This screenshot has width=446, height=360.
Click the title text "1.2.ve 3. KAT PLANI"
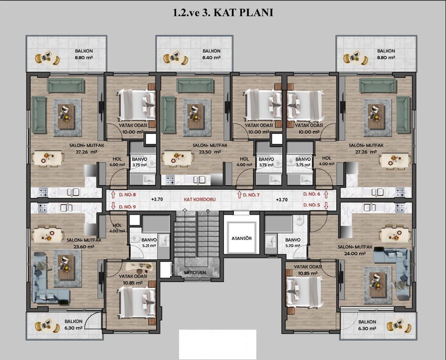pos(223,13)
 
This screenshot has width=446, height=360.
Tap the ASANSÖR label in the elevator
pos(241,238)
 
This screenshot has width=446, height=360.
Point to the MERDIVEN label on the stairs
pos(195,272)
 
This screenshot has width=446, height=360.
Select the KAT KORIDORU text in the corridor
pos(199,200)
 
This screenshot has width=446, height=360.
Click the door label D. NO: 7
pos(250,195)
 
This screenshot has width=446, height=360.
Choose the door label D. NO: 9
pos(128,207)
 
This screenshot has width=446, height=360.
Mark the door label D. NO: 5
pos(312,205)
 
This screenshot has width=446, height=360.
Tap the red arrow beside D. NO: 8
pos(113,195)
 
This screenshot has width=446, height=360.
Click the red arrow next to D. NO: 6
pos(326,195)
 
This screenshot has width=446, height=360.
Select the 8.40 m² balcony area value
pos(211,58)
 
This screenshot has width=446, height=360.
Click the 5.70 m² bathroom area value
pos(293,246)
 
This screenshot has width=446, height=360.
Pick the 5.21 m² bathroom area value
pos(149,246)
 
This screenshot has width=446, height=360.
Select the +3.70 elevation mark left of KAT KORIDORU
pos(157,200)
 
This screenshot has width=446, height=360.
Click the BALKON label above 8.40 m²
pos(211,51)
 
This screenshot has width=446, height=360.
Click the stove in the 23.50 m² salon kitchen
pos(170,180)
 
